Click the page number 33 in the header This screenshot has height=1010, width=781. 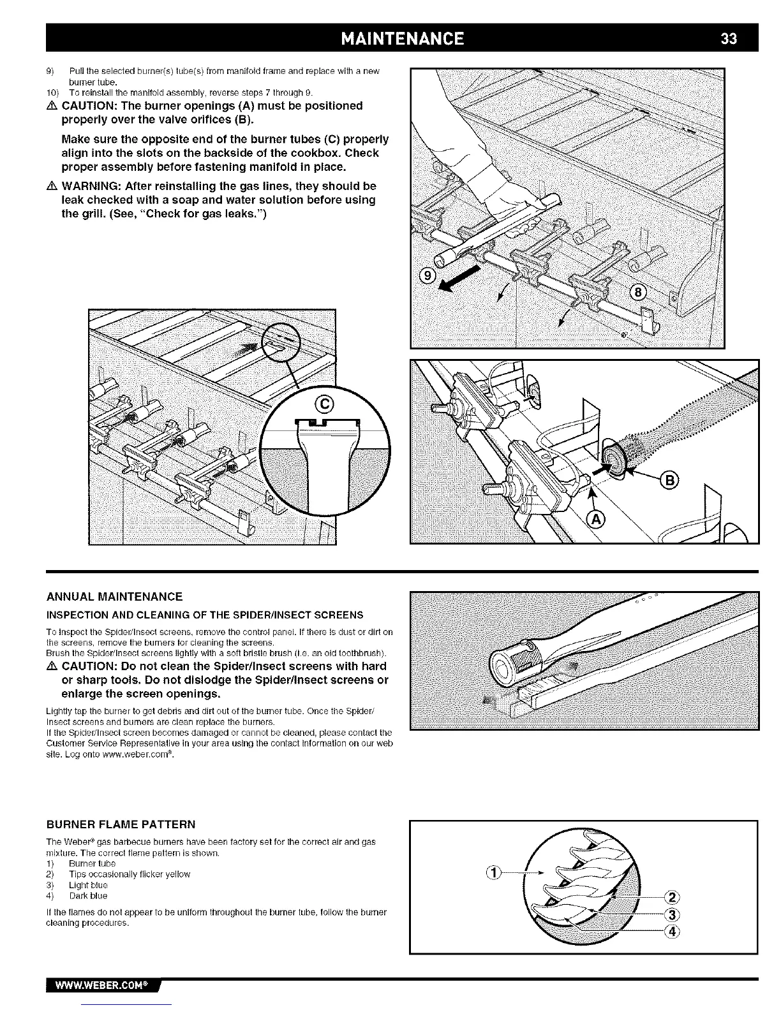point(728,38)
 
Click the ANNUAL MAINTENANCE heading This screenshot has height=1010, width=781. point(115,597)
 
